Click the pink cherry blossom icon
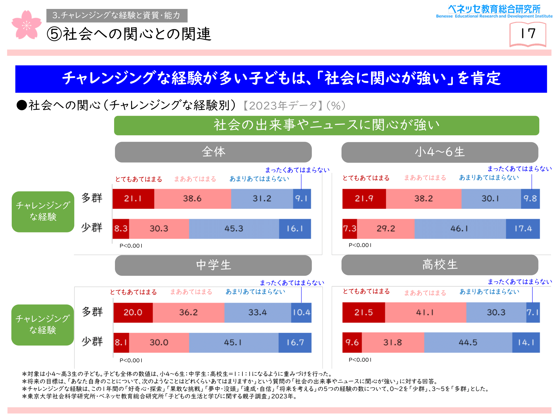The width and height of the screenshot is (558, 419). pos(27,25)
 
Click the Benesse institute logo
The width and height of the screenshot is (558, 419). pos(494,11)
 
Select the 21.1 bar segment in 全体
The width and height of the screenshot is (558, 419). pos(133,199)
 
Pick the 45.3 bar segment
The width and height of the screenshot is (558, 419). pos(234,229)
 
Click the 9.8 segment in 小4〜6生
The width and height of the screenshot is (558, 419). pos(530,199)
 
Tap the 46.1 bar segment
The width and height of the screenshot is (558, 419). pos(460,229)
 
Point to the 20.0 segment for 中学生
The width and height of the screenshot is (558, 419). pos(133,312)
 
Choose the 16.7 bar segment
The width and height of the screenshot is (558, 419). pos(295,342)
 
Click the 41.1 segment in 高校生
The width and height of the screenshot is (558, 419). pos(425,312)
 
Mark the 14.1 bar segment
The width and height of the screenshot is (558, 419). pos(526,342)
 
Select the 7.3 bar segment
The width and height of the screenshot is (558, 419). pos(350,229)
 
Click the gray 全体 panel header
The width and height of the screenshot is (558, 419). pos(213,152)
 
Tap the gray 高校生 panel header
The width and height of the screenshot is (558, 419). pos(440,265)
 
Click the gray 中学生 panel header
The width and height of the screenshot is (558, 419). pos(213,265)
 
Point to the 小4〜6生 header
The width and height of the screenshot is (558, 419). pos(440,152)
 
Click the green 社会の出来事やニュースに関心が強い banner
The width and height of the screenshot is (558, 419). pos(326,125)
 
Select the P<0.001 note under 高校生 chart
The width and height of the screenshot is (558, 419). pos(360,360)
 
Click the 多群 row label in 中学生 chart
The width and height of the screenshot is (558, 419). pos(92,312)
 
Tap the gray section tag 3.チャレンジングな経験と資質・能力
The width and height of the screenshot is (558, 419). pos(117,15)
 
